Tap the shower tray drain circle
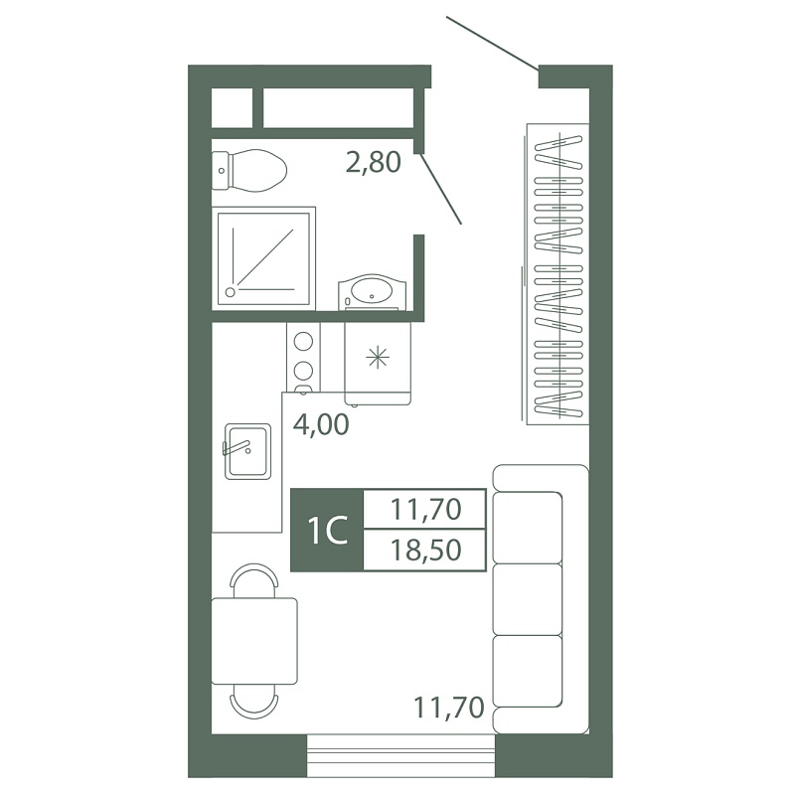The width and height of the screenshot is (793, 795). coord(231,292)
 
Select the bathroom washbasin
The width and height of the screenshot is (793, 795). coord(373,292)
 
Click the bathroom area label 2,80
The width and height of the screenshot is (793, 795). coord(374,162)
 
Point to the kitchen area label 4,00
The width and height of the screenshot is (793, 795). coord(321,424)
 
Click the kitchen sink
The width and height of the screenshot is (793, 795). coord(247,451)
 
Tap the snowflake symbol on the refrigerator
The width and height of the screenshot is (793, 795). coord(378,359)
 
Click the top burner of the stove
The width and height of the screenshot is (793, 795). coord(303,341)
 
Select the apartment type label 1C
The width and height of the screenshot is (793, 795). coord(328,531)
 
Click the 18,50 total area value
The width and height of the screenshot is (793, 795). coord(426,551)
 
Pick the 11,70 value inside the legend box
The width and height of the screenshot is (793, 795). coord(426,510)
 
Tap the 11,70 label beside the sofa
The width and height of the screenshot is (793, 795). coord(449,708)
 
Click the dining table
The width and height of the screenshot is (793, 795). coord(254,641)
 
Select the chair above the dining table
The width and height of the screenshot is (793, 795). coord(254,580)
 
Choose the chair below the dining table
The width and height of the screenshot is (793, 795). coord(254,702)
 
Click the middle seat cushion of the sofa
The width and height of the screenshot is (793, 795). coord(528,599)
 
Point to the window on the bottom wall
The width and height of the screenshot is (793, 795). coord(401,755)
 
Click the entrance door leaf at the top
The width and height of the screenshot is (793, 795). coord(492,44)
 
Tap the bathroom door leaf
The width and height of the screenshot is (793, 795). coord(440,188)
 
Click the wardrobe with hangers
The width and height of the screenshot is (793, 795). coord(557,274)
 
